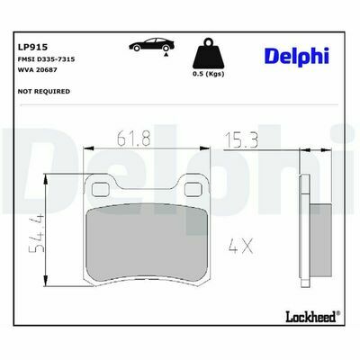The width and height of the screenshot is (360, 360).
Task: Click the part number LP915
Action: tap(33, 47)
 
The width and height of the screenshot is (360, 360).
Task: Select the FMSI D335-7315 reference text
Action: tap(47, 59)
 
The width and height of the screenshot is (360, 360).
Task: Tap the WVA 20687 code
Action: tap(38, 70)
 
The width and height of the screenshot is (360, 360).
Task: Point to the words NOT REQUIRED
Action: tap(44, 91)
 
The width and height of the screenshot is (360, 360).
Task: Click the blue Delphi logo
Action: tap(297, 56)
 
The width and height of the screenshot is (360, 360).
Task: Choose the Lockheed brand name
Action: tap(310, 317)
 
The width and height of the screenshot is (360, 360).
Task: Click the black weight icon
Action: tap(209, 53)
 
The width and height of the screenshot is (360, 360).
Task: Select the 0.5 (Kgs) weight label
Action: tap(209, 74)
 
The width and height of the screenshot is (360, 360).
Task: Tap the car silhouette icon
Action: tap(151, 44)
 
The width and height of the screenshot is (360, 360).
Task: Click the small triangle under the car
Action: tap(166, 55)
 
